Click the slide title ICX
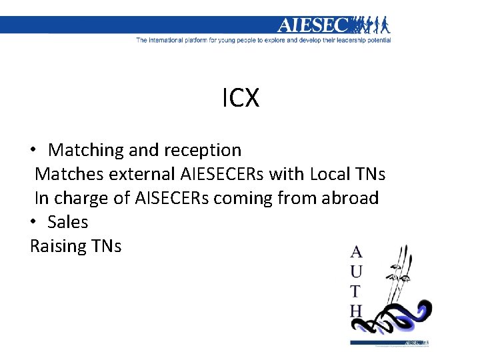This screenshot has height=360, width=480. click(240, 99)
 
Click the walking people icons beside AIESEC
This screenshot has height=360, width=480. click(371, 25)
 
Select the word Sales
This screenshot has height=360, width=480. click(68, 222)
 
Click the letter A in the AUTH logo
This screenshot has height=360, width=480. click(357, 253)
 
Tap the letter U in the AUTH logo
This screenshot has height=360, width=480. click(357, 271)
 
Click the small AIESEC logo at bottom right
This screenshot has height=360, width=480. click(420, 342)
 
